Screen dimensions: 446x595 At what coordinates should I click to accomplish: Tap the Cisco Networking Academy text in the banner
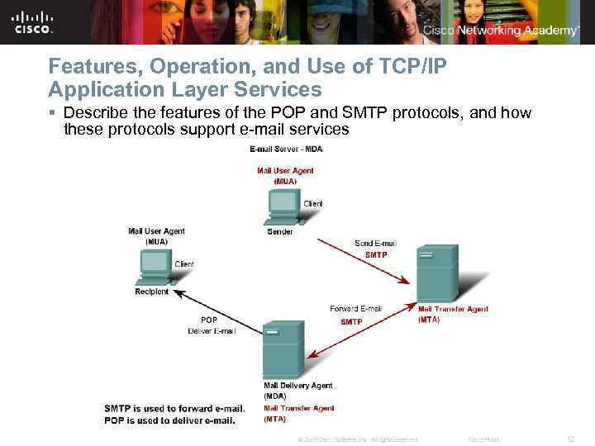(x=501, y=31)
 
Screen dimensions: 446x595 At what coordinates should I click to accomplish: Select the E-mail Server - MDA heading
(x=286, y=149)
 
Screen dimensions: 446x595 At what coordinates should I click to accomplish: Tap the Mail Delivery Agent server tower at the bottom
(x=283, y=349)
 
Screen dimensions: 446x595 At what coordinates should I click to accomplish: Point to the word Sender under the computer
(x=279, y=232)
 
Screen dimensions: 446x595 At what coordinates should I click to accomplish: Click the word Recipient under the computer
(x=152, y=292)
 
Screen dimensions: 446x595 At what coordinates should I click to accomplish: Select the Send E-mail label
(x=375, y=244)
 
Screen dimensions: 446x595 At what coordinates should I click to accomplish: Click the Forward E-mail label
(x=355, y=309)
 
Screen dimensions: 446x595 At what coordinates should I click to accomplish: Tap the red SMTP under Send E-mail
(x=375, y=255)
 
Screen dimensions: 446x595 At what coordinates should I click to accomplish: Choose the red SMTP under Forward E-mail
(x=351, y=321)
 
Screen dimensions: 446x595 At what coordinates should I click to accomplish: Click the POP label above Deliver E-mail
(x=209, y=320)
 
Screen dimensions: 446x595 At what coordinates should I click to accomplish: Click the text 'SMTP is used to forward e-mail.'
(x=174, y=409)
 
